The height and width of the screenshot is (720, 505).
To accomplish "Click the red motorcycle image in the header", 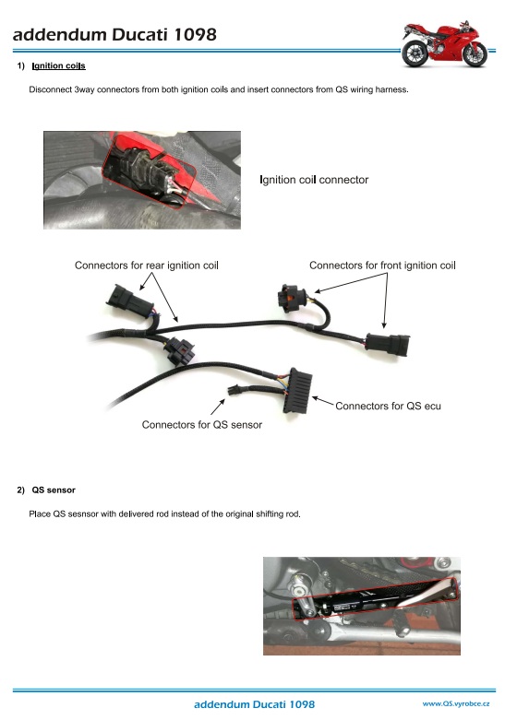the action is click(x=444, y=44).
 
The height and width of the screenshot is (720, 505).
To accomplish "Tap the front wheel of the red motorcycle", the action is click(x=475, y=54).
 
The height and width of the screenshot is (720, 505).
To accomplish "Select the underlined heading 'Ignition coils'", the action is click(x=58, y=65).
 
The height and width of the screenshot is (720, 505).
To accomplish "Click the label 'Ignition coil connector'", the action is click(x=314, y=180).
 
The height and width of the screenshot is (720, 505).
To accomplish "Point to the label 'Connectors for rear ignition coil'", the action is click(x=146, y=266).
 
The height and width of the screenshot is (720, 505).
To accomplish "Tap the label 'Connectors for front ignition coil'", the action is click(x=382, y=266).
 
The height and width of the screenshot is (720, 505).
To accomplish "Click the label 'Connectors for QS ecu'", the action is click(x=388, y=406).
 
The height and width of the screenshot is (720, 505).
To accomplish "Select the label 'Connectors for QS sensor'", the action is click(x=202, y=425).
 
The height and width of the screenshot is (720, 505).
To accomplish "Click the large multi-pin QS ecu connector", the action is click(x=298, y=390).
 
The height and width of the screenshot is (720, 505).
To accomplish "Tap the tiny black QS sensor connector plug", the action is click(x=234, y=390).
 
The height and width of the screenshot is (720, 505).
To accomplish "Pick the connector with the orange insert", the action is click(x=290, y=299).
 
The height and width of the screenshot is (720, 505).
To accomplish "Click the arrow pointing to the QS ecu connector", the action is click(x=323, y=401).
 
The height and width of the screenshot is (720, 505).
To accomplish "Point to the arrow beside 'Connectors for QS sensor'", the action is click(x=218, y=407).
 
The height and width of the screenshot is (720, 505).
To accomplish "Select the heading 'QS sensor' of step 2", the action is click(x=54, y=490).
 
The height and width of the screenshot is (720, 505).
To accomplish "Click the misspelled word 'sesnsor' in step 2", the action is click(x=83, y=513).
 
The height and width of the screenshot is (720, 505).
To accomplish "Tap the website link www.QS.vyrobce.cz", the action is click(x=456, y=703).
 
